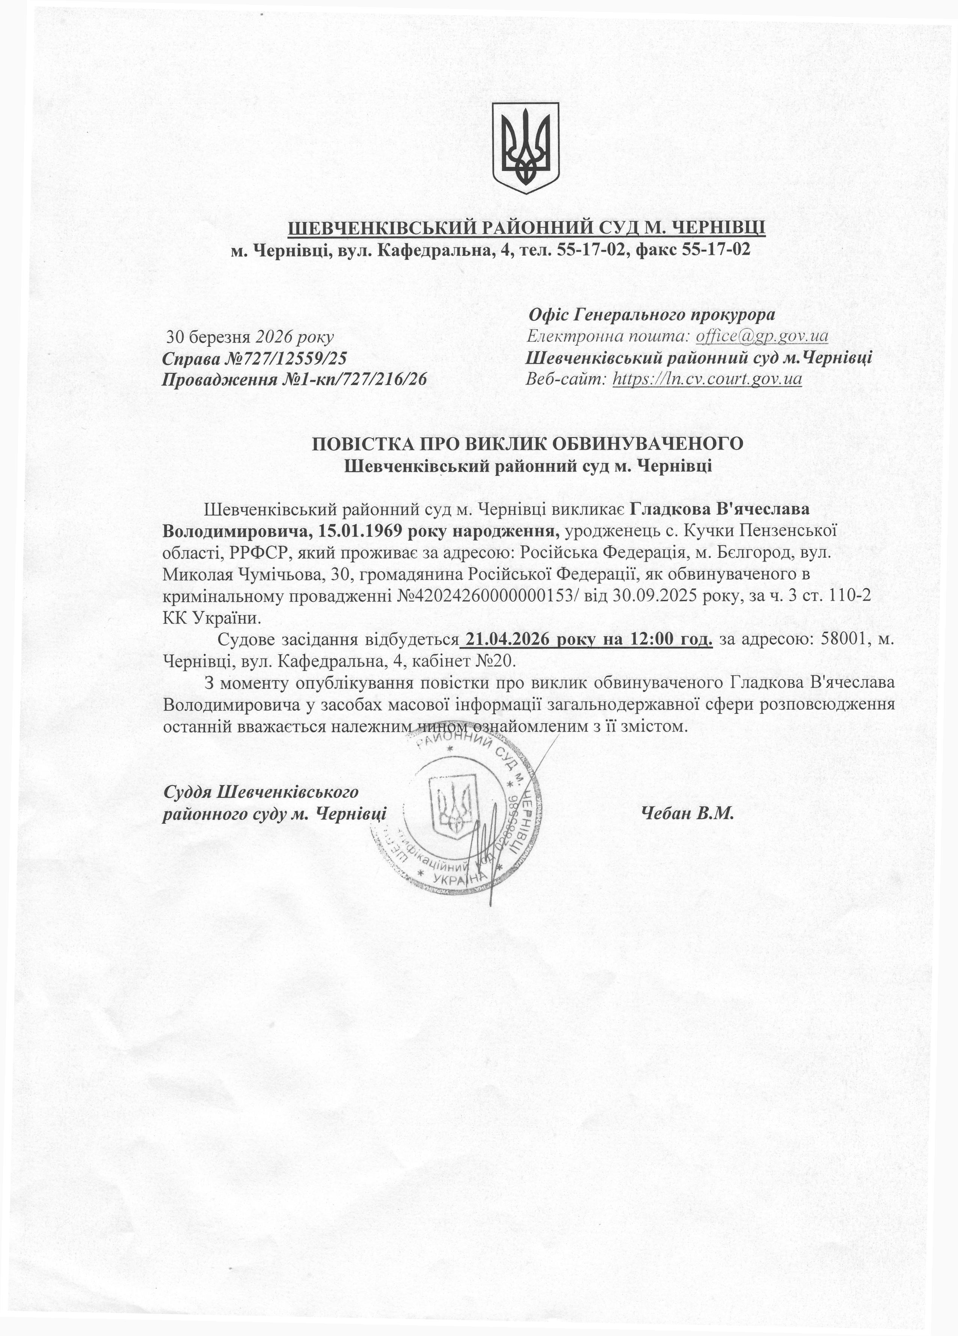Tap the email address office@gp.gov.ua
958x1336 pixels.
(762, 336)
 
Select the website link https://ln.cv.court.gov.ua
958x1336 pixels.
(707, 378)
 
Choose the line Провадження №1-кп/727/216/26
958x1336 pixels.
(294, 379)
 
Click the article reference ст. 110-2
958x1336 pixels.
(837, 596)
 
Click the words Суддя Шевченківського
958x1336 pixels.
(261, 792)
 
